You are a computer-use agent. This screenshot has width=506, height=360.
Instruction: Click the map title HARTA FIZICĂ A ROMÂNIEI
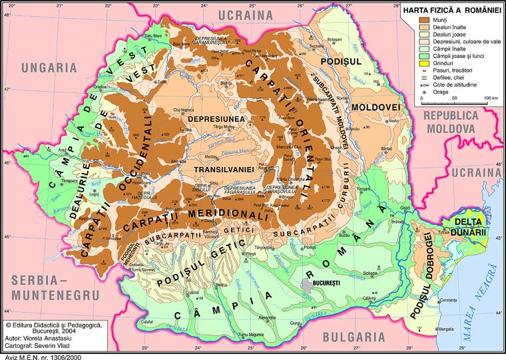pyautogui.click(x=451, y=11)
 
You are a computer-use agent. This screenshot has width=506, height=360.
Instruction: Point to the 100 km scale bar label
pyautogui.click(x=491, y=98)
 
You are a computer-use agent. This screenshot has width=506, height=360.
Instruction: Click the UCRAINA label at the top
pyautogui.click(x=248, y=14)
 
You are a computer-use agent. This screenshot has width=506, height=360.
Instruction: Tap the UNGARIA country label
pyautogui.click(x=49, y=67)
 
